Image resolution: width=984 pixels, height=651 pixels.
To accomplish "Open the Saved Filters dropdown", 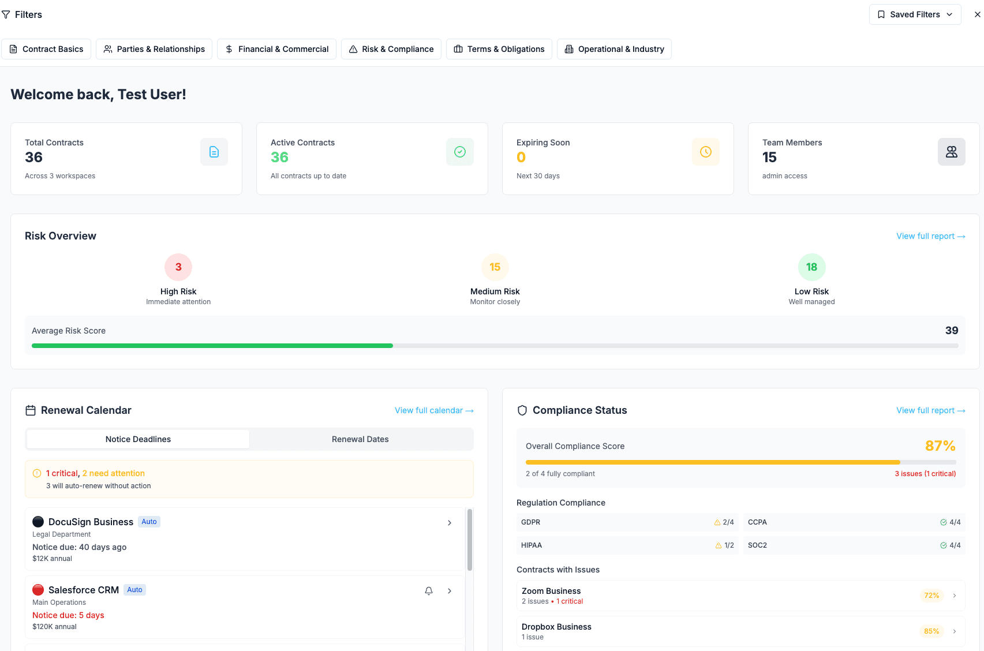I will tap(915, 14).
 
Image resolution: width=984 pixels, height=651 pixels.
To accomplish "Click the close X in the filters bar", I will tap(977, 14).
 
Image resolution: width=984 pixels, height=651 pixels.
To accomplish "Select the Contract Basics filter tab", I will tap(47, 49).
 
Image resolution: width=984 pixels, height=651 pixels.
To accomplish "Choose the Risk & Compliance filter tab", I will tap(391, 49).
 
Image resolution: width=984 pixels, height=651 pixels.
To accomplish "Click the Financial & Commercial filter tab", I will tap(276, 49).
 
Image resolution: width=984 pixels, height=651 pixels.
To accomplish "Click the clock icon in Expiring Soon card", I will tap(705, 152).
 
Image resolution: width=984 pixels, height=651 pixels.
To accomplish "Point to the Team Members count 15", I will tap(769, 158).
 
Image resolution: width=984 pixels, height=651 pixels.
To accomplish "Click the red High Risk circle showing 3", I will tap(178, 267).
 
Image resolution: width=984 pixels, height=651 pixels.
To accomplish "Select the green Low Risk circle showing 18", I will tap(811, 267).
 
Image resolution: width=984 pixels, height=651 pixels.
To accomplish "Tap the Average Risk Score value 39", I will tap(951, 331).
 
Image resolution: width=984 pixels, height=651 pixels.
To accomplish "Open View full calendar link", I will tap(434, 410).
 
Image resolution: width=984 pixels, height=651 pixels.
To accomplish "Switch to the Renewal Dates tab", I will tap(360, 439).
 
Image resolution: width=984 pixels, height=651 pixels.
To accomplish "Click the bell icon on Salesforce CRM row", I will tap(429, 590).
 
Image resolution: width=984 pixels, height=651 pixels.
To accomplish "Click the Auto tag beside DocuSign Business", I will tap(149, 522).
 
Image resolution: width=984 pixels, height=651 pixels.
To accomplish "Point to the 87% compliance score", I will tap(940, 446).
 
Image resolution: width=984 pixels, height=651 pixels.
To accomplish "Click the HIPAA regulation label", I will tap(532, 545).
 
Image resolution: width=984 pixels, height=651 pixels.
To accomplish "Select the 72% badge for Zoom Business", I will tap(931, 596).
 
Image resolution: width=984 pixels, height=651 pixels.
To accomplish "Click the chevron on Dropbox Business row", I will tap(955, 631).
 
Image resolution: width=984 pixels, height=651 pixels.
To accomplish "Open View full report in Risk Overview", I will tap(930, 236).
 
